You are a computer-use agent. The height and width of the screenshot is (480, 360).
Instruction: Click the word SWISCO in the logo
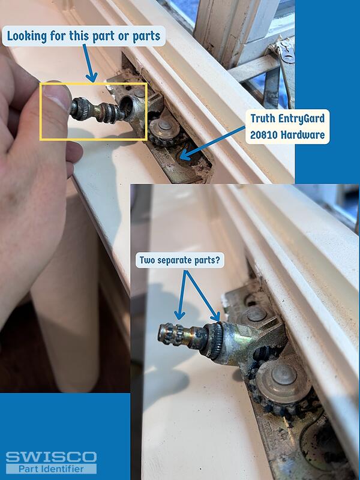point(50,457)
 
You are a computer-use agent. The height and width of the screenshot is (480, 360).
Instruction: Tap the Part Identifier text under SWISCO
point(50,469)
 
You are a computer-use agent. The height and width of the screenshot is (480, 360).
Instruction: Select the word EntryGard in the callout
point(298,119)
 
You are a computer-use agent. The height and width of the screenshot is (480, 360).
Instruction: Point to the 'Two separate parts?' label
point(180,261)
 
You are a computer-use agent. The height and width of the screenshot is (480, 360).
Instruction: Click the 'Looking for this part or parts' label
point(83,36)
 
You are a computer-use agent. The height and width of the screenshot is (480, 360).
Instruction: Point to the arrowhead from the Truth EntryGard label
point(184,157)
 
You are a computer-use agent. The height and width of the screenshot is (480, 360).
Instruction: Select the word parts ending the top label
point(145,36)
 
